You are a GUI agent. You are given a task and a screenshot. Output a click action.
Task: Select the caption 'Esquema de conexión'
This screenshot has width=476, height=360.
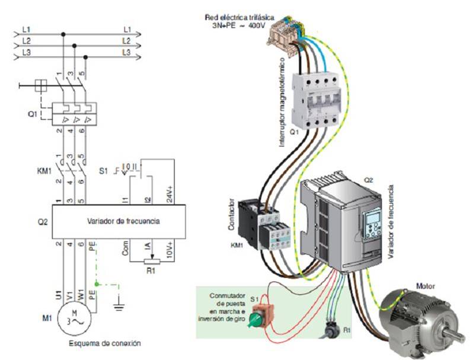point(106,343)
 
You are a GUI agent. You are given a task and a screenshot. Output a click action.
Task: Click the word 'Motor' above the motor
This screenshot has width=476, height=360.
point(425,286)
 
